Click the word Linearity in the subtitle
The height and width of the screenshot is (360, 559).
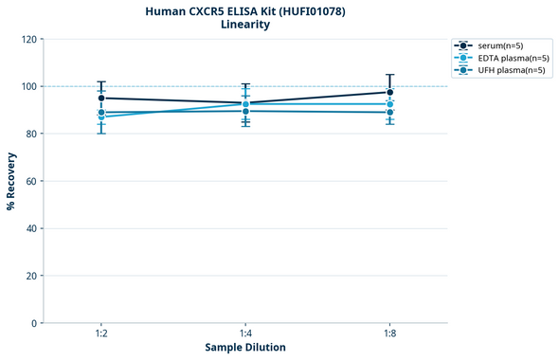click(244, 25)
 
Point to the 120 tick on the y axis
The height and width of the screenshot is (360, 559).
click(28, 39)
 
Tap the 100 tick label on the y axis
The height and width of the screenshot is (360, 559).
click(28, 86)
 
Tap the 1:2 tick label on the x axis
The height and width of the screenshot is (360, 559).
click(101, 334)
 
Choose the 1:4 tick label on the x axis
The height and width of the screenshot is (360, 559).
click(245, 334)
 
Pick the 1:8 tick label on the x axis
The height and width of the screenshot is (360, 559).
click(389, 334)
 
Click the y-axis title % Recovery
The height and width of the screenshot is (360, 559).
click(11, 181)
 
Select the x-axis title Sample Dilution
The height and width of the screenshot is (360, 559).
click(245, 348)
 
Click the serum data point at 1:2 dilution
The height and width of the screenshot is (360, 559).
click(101, 98)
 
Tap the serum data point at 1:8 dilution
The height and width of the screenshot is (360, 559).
click(389, 92)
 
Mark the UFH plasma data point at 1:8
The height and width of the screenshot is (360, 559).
click(389, 112)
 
